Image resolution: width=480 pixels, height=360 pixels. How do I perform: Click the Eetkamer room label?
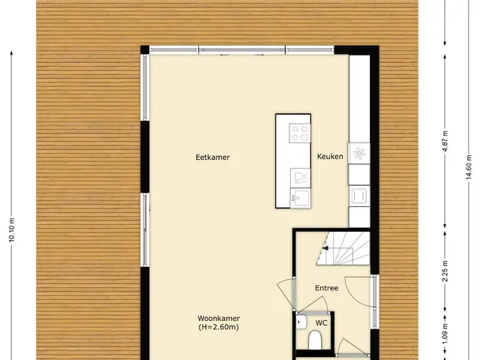213,157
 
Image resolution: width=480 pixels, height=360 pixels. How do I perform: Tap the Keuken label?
330,157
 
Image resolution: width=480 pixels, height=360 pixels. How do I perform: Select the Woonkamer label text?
218,318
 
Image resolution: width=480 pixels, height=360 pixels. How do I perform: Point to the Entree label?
327,288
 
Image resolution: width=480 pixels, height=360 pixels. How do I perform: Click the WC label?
322,323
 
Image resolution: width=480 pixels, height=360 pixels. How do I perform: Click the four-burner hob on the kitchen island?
300,133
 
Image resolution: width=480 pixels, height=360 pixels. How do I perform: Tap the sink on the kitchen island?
300,198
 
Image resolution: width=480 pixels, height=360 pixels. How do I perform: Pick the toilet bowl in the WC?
314,340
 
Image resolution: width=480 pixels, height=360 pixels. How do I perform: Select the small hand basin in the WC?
301,322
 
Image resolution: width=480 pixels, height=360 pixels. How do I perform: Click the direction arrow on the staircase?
325,248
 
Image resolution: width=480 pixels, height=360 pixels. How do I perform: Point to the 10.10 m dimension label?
12,230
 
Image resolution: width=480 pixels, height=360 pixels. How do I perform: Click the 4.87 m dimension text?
445,141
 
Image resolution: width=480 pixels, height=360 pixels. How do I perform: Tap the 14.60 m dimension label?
469,168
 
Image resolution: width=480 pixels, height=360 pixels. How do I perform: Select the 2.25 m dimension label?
445,271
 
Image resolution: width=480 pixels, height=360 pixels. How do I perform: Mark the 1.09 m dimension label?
445,334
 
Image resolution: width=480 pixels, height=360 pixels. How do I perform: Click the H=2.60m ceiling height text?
218,327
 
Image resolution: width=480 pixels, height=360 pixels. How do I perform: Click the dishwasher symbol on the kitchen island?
300,178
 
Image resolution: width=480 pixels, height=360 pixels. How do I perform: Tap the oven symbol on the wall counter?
358,196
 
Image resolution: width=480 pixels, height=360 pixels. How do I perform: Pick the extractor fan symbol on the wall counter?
359,153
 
